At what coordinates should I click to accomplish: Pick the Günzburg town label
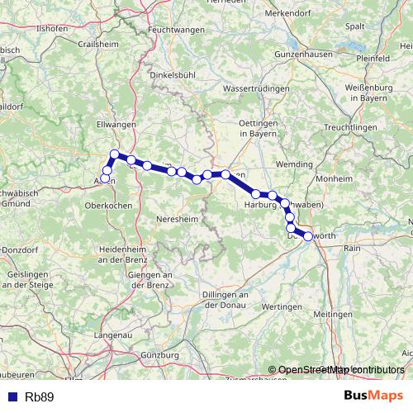160,355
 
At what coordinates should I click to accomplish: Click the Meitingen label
356,315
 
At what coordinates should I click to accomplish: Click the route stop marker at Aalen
105,178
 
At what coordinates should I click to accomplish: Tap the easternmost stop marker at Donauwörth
308,236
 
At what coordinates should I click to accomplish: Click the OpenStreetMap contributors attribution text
336,370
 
